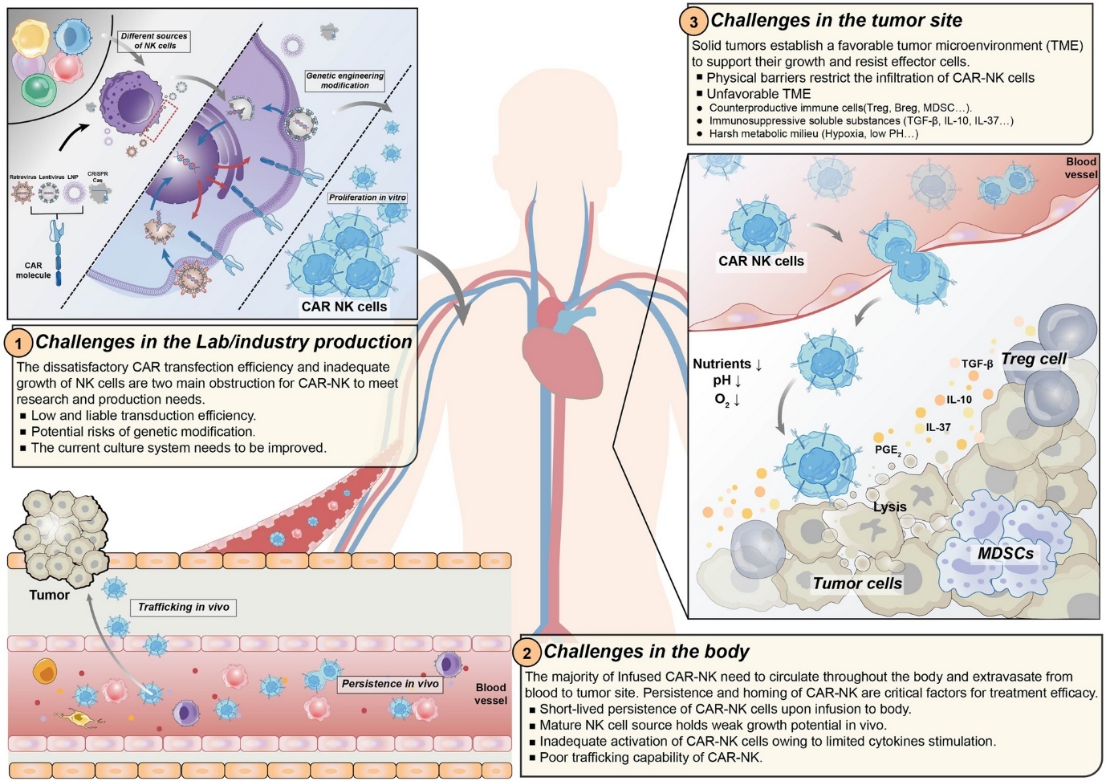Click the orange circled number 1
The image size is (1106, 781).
18,344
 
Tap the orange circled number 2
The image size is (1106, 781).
527,653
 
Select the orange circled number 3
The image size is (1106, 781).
694,22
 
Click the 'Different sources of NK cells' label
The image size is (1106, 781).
154,41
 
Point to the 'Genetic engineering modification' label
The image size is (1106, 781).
345,80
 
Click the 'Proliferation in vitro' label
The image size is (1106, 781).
368,197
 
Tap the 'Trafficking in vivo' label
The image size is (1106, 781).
183,607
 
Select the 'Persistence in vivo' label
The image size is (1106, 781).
390,684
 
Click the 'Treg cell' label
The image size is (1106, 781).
1034,359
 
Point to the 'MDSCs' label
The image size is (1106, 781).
1005,553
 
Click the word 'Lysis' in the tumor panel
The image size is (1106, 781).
889,506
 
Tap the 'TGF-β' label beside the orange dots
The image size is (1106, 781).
978,364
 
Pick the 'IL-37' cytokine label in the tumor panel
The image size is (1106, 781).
937,427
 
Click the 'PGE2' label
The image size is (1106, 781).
887,450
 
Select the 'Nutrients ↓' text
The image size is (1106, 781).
727,364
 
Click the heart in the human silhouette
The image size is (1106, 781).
561,345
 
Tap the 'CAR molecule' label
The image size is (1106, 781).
33,271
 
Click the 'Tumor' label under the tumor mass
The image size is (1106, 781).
49,595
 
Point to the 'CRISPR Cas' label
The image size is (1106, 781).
98,177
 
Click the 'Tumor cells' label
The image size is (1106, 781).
857,584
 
